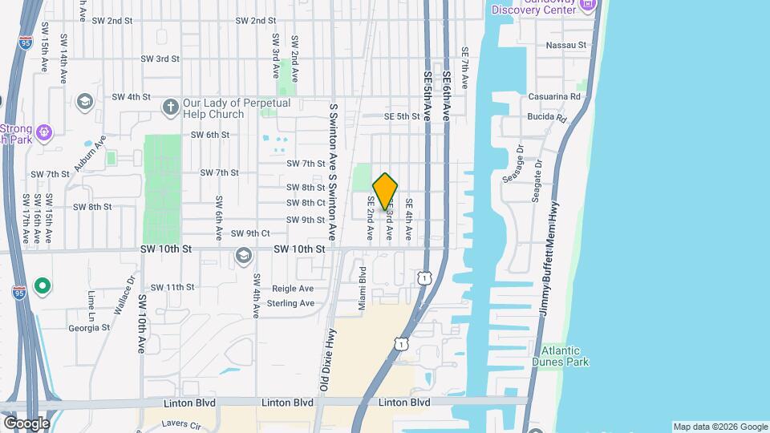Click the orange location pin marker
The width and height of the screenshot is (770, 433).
[x=385, y=192]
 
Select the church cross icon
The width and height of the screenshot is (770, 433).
[x=170, y=107]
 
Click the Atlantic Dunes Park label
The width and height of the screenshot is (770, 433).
[x=560, y=356]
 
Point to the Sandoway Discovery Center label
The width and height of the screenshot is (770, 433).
[x=533, y=7]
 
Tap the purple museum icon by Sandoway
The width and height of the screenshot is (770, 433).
[x=588, y=6]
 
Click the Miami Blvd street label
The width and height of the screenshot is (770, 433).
[x=362, y=289]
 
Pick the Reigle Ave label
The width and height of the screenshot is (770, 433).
[x=294, y=289]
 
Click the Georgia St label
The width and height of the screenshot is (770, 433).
[x=88, y=327]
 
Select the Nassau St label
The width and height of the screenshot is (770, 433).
[x=566, y=46]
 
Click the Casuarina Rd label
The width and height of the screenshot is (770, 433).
[x=554, y=97]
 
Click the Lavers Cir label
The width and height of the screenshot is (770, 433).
[x=179, y=423]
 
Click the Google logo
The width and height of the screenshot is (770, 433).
[x=27, y=423]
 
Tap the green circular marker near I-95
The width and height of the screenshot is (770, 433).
[x=43, y=285]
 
